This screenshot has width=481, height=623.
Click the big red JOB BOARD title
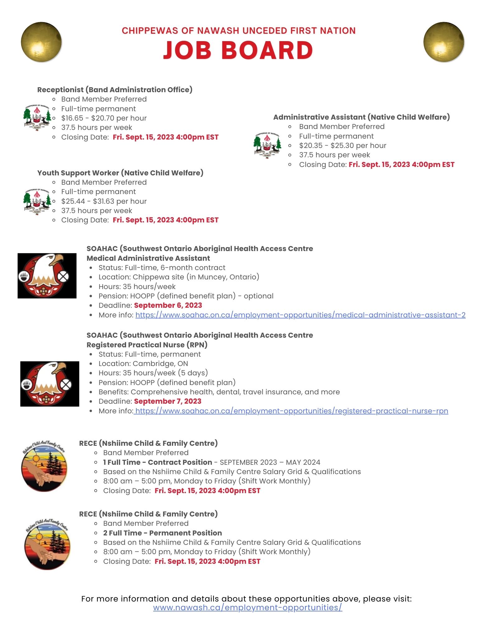(238, 50)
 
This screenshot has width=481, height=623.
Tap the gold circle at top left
(41, 42)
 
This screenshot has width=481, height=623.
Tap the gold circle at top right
(444, 42)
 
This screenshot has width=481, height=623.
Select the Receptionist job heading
(115, 90)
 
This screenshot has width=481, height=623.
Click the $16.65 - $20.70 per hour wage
(104, 118)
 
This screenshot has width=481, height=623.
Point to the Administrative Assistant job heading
(361, 117)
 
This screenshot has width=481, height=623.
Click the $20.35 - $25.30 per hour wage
(342, 145)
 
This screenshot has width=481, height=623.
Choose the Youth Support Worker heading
(120, 173)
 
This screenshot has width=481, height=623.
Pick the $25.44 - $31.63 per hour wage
(104, 201)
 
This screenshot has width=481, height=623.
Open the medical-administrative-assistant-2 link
(300, 315)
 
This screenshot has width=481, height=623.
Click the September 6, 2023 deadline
(168, 305)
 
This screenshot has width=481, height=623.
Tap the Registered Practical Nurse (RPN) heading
(147, 345)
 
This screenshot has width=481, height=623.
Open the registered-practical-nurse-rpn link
(292, 411)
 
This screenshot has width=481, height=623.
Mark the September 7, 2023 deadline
(167, 401)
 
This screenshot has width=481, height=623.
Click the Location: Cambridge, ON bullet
(143, 364)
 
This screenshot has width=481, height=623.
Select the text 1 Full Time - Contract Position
(158, 462)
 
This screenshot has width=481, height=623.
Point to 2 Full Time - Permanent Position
(163, 533)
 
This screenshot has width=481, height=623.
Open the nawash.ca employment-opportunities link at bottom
(248, 607)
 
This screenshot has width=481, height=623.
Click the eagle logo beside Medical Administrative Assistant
(47, 276)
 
